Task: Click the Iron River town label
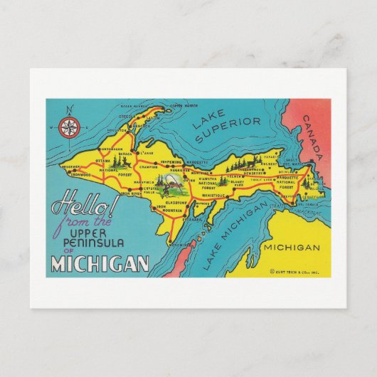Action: pyautogui.click(x=130, y=193)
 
